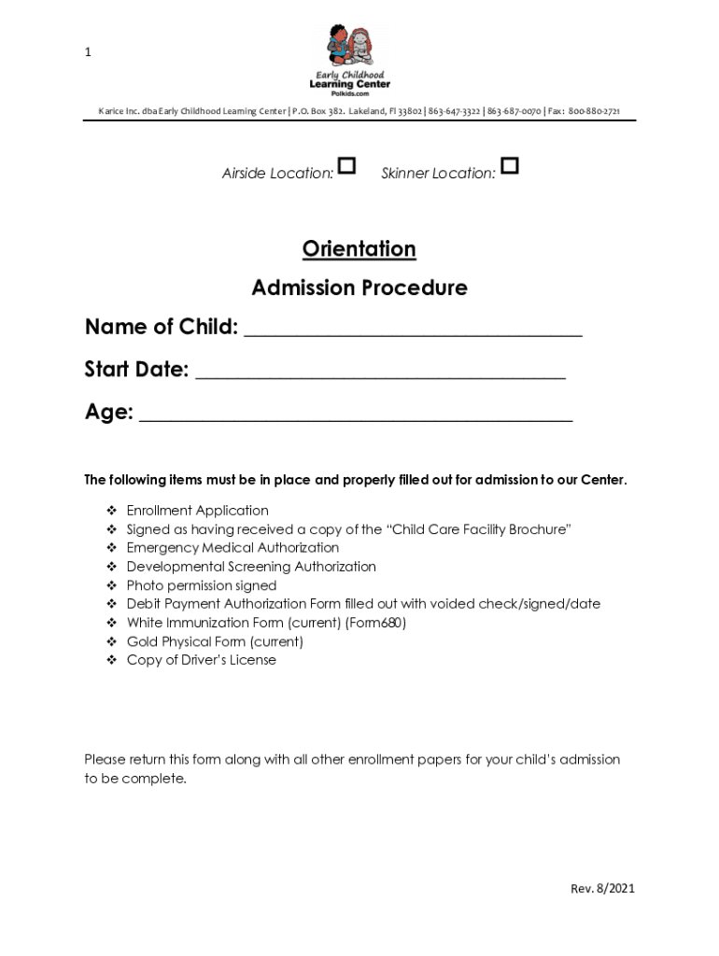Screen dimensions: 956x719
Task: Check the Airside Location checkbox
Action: click(346, 167)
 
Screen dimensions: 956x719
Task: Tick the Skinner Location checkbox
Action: click(509, 167)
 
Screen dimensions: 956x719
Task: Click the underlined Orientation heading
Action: click(359, 249)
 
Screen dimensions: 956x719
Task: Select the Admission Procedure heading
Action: click(359, 288)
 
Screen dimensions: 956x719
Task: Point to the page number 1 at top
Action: click(88, 52)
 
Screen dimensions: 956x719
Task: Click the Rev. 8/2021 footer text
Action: click(602, 889)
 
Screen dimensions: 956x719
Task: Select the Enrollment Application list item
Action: click(197, 511)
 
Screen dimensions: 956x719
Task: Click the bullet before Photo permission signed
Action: click(110, 586)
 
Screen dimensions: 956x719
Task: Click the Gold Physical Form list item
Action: click(215, 641)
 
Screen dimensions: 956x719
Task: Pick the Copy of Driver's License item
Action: click(201, 660)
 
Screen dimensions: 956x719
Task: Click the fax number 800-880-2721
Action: click(594, 112)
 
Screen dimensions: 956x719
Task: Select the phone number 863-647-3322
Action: click(455, 112)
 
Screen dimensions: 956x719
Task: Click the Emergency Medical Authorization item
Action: click(233, 548)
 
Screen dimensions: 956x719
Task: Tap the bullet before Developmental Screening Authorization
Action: click(110, 568)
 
